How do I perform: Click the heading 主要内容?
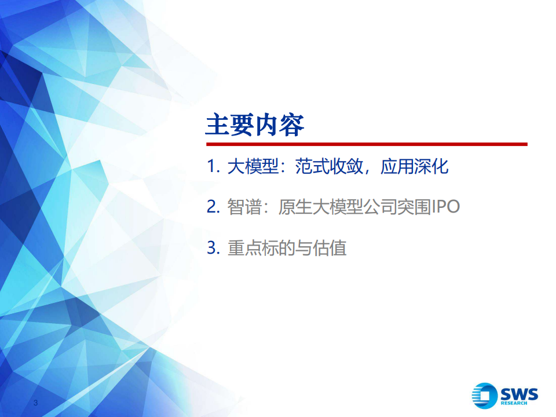(x=255, y=125)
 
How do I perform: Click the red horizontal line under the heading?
(x=367, y=144)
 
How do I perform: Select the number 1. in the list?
(x=214, y=166)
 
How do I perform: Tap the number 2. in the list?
(x=214, y=206)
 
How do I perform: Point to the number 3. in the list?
(x=214, y=247)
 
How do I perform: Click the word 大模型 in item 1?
(x=253, y=166)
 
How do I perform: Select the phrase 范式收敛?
(x=329, y=166)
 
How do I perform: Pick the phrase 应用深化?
(x=415, y=166)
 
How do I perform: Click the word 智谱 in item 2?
(x=244, y=207)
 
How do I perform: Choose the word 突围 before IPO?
(x=414, y=207)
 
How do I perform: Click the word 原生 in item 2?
(x=295, y=207)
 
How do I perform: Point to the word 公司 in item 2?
(x=380, y=207)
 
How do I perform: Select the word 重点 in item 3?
(x=244, y=247)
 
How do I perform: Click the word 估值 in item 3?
(x=330, y=247)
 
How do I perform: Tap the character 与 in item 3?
(x=304, y=247)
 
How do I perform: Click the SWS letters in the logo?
(x=519, y=394)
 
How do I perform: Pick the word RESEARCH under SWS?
(x=514, y=403)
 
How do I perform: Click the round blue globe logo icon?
(x=484, y=396)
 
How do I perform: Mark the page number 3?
(x=35, y=403)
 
